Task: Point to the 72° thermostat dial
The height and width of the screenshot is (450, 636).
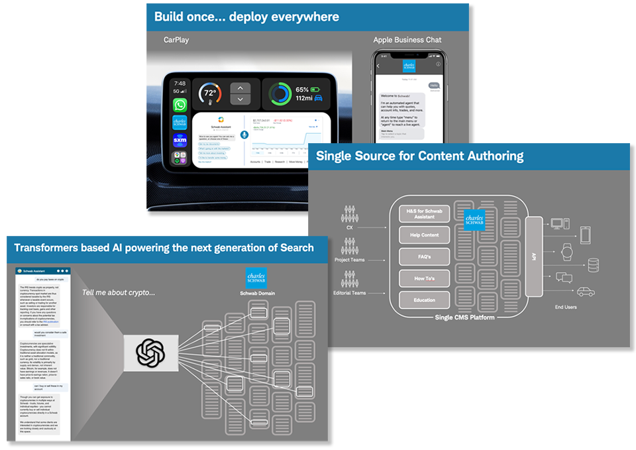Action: [x=211, y=93]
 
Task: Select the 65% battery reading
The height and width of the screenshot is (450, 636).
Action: [x=302, y=89]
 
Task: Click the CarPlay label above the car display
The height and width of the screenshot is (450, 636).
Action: [x=176, y=40]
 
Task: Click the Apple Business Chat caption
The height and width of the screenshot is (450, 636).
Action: [x=407, y=40]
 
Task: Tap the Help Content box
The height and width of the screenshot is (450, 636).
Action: [x=425, y=235]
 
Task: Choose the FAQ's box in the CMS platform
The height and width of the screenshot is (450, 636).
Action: [x=425, y=256]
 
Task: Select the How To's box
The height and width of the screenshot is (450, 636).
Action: [x=425, y=278]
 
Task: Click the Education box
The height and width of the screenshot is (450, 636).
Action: [x=425, y=300]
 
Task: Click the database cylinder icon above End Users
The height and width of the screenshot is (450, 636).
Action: [x=593, y=265]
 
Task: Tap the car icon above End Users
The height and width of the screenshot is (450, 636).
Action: [x=585, y=292]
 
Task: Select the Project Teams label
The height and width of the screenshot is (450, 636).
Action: [x=349, y=260]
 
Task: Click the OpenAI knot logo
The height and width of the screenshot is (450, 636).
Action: [x=150, y=352]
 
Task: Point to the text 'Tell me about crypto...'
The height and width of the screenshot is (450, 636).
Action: [x=119, y=292]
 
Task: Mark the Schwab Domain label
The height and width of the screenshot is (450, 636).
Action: [x=256, y=292]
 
